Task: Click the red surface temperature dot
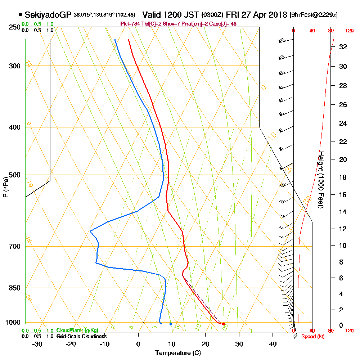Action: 224,324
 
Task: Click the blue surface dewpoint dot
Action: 171,324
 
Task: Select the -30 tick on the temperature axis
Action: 37,344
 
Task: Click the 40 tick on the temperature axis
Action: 273,344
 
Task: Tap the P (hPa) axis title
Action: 5,187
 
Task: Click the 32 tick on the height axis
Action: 343,47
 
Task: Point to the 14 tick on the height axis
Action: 343,212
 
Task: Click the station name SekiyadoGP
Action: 48,15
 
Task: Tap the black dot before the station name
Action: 20,15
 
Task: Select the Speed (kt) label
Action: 311,337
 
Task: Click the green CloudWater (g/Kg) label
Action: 77,330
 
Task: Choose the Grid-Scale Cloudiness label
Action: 81,336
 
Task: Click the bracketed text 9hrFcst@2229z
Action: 313,15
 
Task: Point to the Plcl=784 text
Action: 131,24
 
